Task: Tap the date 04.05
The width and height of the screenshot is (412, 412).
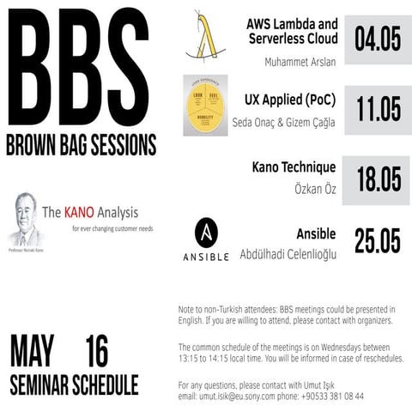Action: click(x=378, y=38)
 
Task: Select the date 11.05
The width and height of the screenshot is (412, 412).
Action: click(x=378, y=109)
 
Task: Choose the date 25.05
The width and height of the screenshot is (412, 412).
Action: click(x=378, y=242)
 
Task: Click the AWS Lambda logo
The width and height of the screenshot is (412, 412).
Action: click(x=207, y=38)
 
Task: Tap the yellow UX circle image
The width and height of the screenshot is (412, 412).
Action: click(x=205, y=106)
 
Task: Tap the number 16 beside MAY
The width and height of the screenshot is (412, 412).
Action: click(x=97, y=353)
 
